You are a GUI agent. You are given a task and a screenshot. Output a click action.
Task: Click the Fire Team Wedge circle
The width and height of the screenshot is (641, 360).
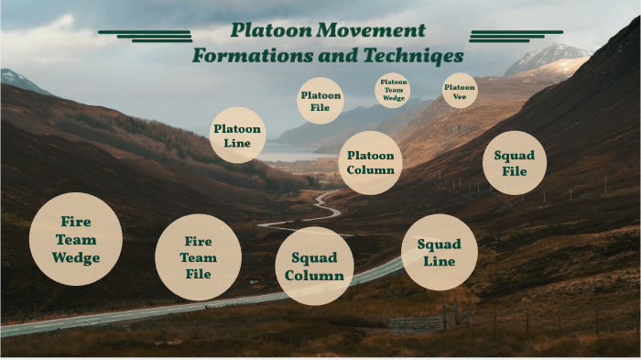(76, 239)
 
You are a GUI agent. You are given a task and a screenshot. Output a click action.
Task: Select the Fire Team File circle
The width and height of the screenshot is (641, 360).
(198, 256)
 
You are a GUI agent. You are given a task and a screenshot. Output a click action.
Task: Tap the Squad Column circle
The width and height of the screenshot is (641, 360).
(314, 267)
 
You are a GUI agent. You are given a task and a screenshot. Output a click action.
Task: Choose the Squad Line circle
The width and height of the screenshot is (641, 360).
(440, 252)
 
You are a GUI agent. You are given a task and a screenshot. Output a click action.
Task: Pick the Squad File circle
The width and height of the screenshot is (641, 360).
(515, 162)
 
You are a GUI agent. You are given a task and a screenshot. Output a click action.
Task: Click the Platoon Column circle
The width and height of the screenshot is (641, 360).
(371, 162)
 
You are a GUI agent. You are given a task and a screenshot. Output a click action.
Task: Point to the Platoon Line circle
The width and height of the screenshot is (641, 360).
(238, 136)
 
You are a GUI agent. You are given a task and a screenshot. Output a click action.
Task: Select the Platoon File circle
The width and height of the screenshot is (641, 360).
(320, 101)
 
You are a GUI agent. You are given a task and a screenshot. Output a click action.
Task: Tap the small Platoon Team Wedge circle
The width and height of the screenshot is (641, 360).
(393, 89)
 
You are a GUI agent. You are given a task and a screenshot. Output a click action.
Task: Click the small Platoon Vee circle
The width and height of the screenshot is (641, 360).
(459, 90)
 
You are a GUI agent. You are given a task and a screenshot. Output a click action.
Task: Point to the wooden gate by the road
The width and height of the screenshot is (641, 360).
(417, 322)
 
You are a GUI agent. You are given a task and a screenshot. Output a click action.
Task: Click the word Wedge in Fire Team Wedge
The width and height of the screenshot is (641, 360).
(76, 257)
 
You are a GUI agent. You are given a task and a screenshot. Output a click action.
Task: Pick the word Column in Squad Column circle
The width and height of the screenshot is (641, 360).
(314, 276)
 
